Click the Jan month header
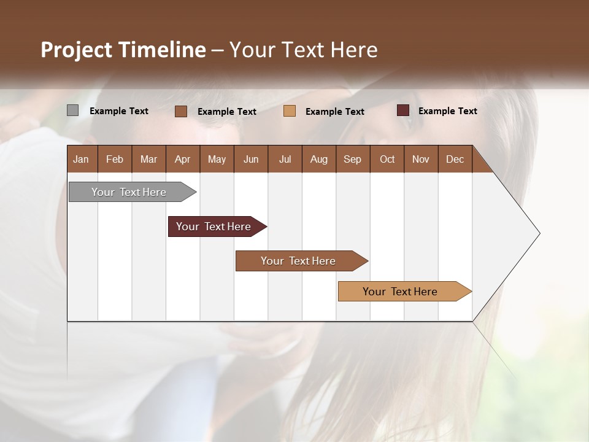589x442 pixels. [82, 159]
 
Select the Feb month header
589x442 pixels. [115, 159]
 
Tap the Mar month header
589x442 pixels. [148, 159]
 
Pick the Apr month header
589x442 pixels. [183, 159]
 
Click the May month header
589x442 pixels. [217, 159]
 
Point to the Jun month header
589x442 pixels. [251, 159]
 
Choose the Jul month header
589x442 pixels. [285, 159]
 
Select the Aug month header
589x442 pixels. [319, 159]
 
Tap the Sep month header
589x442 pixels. [353, 159]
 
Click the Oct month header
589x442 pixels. [387, 159]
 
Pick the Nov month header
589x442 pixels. [421, 159]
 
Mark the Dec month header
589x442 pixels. [455, 159]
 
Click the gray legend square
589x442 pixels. [72, 110]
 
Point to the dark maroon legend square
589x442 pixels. [403, 110]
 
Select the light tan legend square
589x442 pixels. [290, 111]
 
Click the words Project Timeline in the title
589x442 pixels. [123, 50]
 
